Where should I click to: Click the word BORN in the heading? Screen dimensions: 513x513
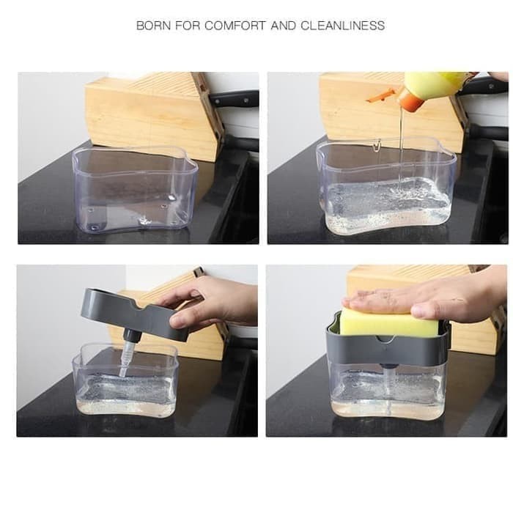pyautogui.click(x=152, y=26)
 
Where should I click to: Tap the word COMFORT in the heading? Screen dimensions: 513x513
pyautogui.click(x=235, y=26)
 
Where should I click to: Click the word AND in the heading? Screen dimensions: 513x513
pyautogui.click(x=284, y=26)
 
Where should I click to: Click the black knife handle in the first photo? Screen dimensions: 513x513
pyautogui.click(x=234, y=99)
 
